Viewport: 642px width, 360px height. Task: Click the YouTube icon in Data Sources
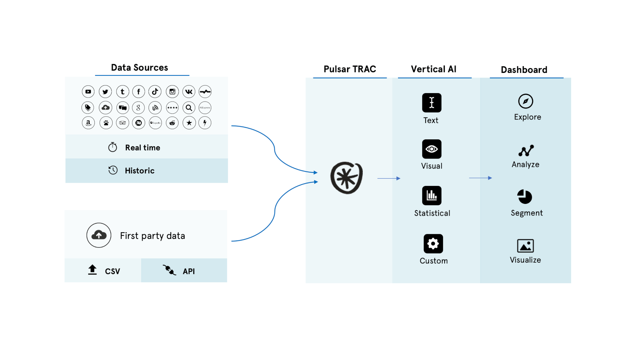(x=88, y=92)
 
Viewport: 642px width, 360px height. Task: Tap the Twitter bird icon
(x=105, y=92)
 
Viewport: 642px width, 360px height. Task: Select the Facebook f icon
(x=139, y=92)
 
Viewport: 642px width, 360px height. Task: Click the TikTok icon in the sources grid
(x=155, y=92)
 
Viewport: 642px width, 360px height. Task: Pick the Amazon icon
(x=88, y=123)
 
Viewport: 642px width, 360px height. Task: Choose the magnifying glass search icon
(x=189, y=108)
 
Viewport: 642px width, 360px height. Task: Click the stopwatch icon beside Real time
(x=113, y=147)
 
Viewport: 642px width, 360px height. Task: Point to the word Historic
(x=140, y=171)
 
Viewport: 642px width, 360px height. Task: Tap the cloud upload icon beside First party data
(x=99, y=235)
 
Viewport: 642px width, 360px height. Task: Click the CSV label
(x=112, y=271)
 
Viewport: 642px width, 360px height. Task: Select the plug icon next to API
(x=169, y=270)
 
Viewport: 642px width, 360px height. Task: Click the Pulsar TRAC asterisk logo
(x=346, y=178)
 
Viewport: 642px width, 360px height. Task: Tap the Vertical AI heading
(x=433, y=69)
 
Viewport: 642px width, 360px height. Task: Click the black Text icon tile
(x=432, y=103)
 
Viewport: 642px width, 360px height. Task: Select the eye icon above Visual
(x=432, y=149)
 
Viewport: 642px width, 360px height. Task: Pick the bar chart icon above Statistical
(x=432, y=195)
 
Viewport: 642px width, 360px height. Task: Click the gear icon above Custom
(x=433, y=244)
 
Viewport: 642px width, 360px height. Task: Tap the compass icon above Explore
(x=525, y=101)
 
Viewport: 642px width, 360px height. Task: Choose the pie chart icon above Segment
(x=525, y=197)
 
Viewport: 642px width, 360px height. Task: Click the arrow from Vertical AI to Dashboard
(x=480, y=178)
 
